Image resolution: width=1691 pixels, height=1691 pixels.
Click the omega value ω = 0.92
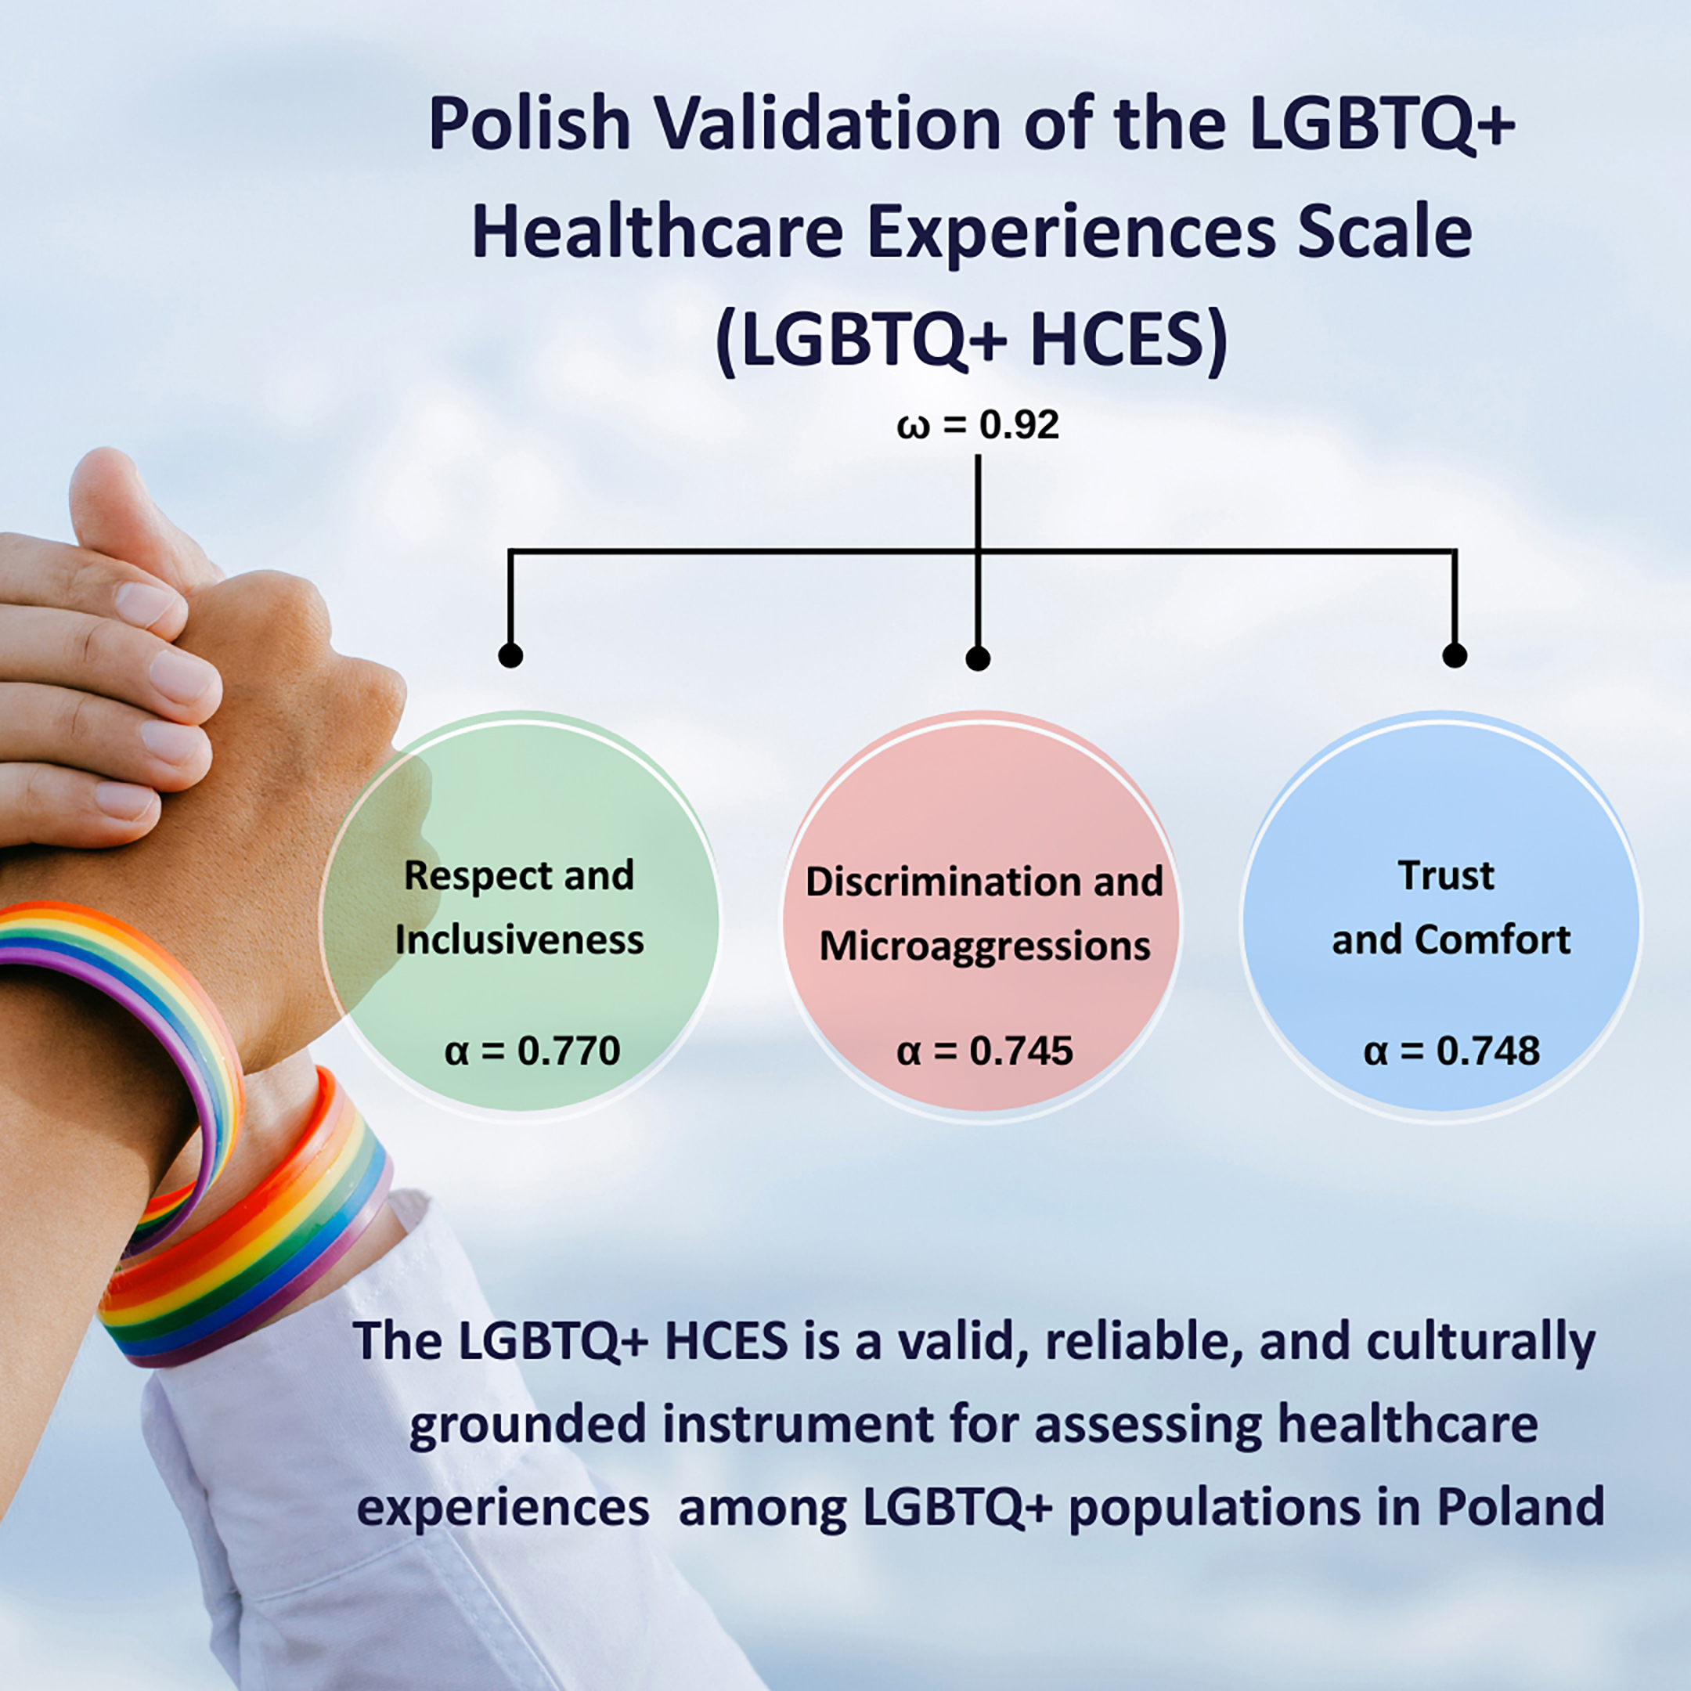pyautogui.click(x=978, y=425)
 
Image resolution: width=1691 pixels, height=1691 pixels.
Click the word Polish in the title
pyautogui.click(x=528, y=125)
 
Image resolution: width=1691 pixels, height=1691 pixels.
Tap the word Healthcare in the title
pyautogui.click(x=657, y=232)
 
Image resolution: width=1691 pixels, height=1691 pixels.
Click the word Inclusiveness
pyautogui.click(x=519, y=940)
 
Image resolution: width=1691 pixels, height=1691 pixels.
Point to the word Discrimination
pyautogui.click(x=936, y=882)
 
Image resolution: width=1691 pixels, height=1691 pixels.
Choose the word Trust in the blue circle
pyautogui.click(x=1446, y=875)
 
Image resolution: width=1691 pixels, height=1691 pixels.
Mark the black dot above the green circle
pyautogui.click(x=510, y=654)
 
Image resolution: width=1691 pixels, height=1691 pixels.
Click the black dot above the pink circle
pyautogui.click(x=978, y=658)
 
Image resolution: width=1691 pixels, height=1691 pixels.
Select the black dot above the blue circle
pyautogui.click(x=1455, y=654)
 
